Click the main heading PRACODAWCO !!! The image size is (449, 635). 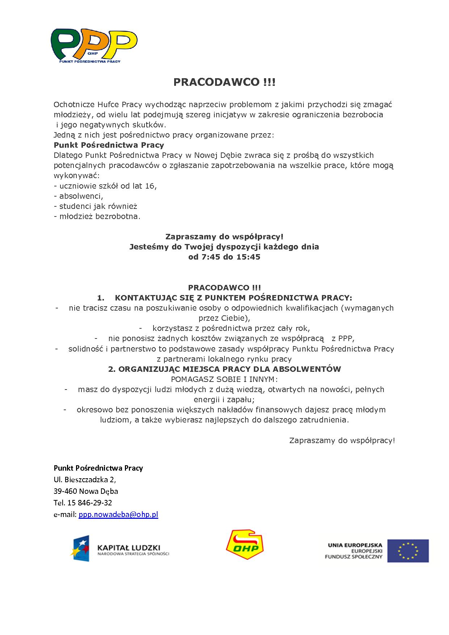click(224, 82)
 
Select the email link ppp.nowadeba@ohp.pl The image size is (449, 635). click(118, 514)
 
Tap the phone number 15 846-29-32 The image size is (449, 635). click(89, 503)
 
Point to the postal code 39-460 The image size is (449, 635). click(65, 491)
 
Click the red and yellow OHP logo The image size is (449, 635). click(244, 545)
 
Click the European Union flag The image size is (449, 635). click(408, 551)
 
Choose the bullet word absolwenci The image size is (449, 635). click(81, 196)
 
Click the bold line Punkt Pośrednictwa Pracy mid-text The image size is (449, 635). click(109, 145)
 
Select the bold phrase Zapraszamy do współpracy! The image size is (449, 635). click(224, 237)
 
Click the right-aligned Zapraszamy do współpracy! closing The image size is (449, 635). click(342, 441)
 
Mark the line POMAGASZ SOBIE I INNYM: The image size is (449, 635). click(224, 379)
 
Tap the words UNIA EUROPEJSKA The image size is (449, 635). click(355, 545)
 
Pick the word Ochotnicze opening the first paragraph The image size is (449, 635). click(74, 105)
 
